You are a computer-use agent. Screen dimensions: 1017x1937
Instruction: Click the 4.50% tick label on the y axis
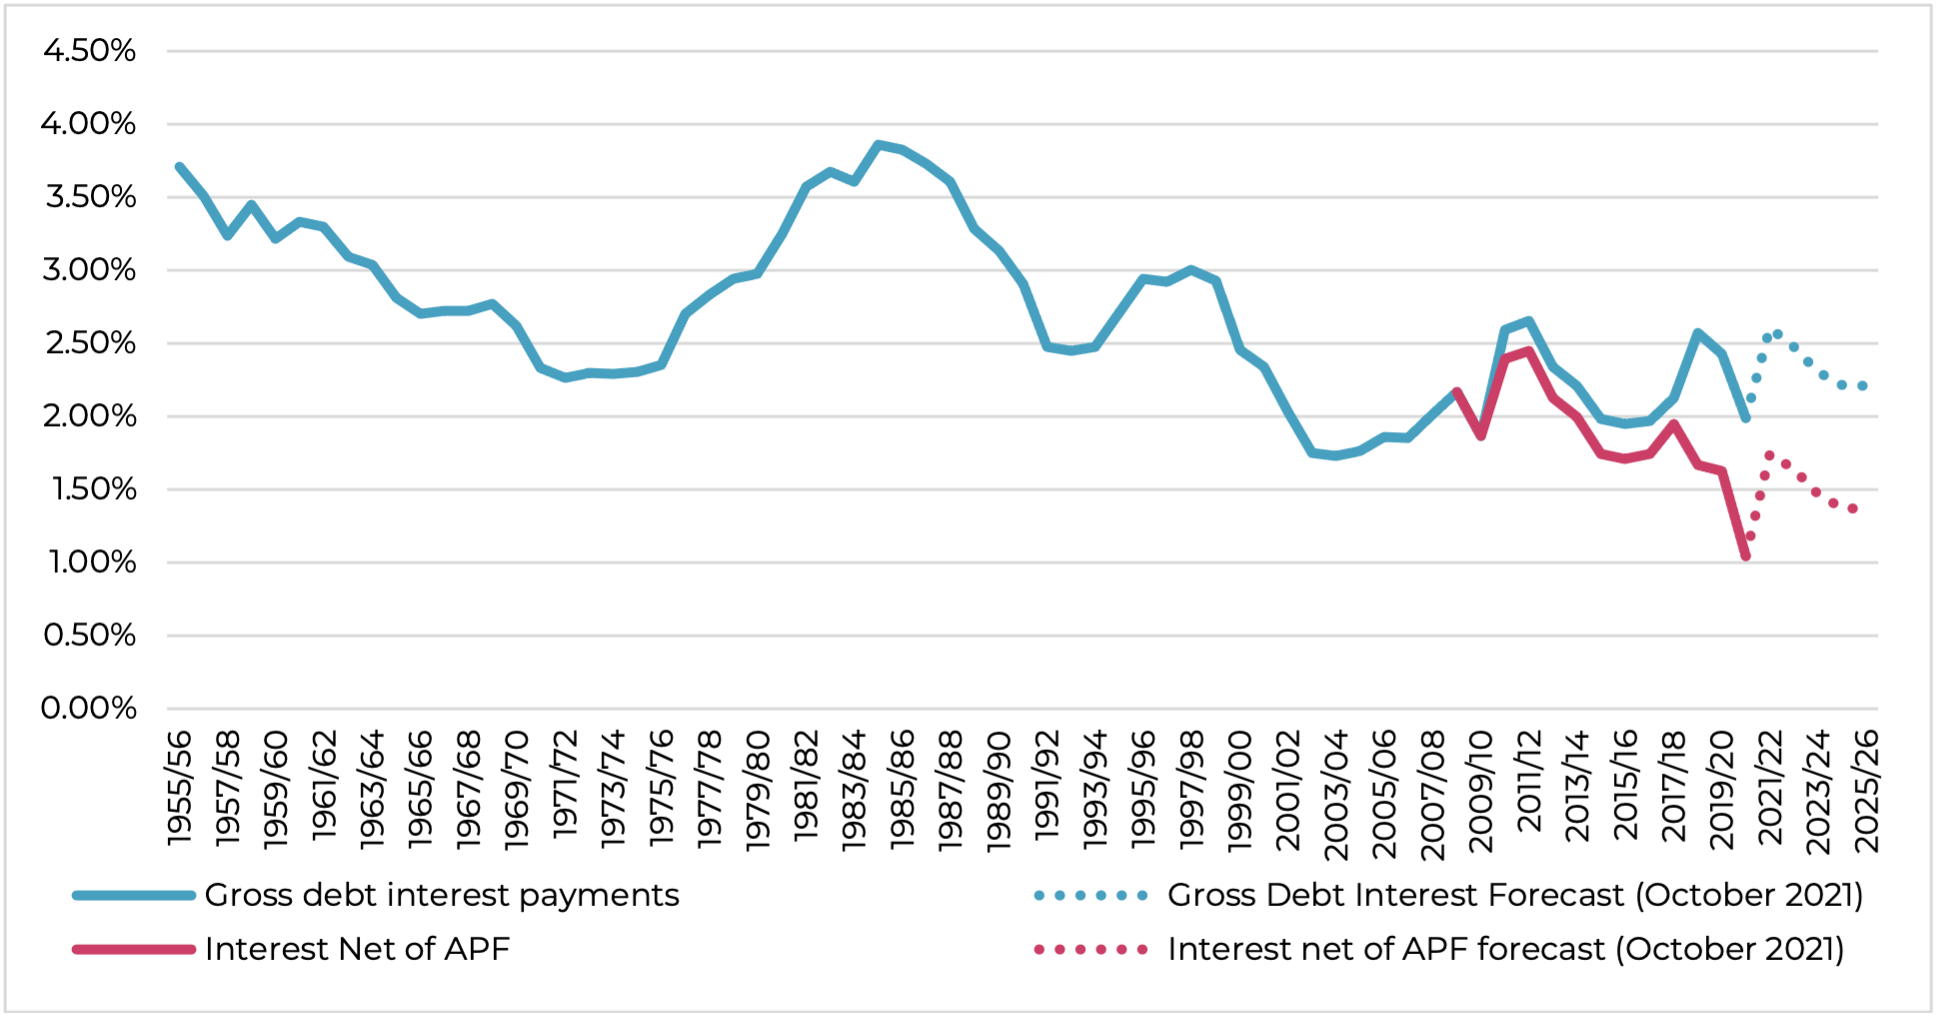89,51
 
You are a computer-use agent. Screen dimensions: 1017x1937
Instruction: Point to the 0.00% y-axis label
89,709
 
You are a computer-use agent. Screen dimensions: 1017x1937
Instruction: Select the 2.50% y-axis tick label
89,343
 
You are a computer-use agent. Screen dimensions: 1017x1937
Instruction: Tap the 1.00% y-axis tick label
91,562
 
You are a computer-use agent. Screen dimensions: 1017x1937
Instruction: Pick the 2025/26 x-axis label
1866,790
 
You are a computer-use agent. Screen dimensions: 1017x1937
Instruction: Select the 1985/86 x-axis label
903,790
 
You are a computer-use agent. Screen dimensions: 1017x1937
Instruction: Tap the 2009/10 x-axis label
1480,790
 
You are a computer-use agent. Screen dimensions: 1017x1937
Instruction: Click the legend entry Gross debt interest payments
441,895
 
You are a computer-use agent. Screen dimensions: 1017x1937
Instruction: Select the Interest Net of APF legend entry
357,949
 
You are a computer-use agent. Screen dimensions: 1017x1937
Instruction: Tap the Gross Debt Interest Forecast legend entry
1514,895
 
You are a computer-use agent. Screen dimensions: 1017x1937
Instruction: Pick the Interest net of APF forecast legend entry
1504,949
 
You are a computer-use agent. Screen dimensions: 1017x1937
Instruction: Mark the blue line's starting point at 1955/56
180,167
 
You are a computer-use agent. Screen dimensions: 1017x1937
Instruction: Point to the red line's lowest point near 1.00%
1745,556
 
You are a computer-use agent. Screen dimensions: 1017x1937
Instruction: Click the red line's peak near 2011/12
1528,351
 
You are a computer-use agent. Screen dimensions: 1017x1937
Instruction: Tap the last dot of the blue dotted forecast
1862,386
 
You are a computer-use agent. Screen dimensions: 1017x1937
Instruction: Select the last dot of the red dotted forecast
1852,509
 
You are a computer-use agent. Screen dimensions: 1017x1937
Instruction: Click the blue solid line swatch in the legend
133,895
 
